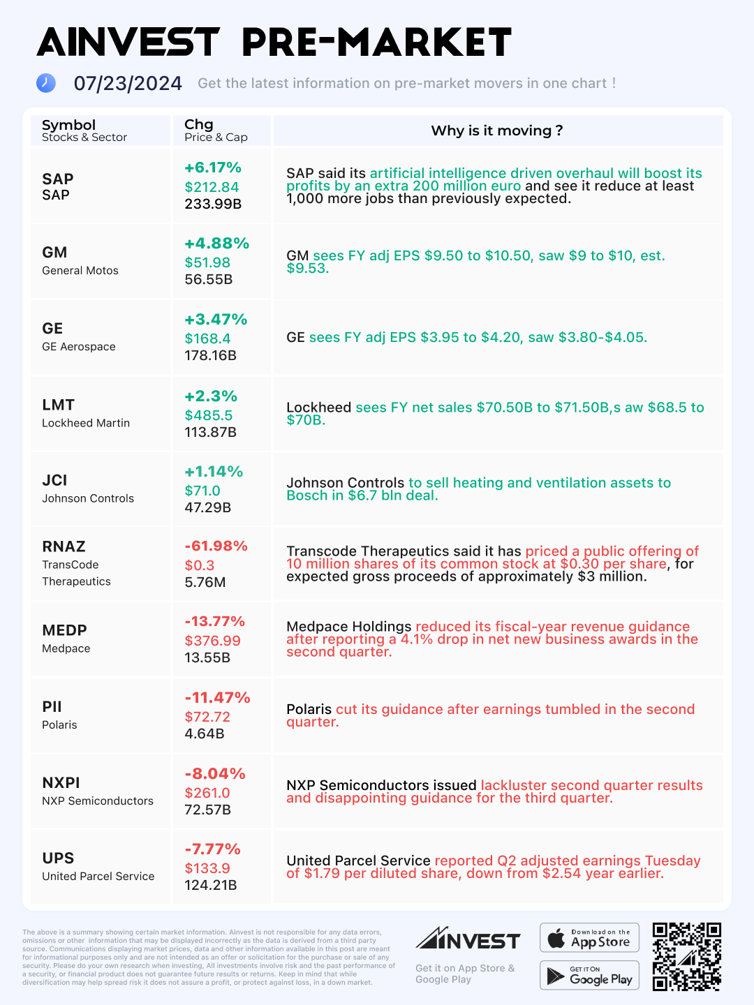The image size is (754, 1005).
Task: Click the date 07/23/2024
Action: click(x=128, y=84)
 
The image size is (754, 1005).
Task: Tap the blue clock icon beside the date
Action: click(x=46, y=83)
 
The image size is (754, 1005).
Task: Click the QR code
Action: click(x=686, y=956)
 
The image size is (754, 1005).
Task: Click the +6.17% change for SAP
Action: click(x=212, y=167)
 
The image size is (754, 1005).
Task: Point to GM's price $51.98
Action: click(x=207, y=262)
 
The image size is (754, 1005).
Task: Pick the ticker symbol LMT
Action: click(x=58, y=405)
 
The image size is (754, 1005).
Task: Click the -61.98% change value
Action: click(x=216, y=546)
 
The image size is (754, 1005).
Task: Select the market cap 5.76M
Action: click(x=205, y=582)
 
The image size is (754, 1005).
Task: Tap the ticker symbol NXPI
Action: click(x=61, y=782)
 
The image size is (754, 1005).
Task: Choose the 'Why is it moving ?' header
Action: click(x=496, y=131)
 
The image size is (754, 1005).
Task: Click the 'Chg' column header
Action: click(x=198, y=124)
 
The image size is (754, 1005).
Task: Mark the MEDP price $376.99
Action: click(x=212, y=641)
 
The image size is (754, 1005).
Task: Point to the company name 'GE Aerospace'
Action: click(x=79, y=347)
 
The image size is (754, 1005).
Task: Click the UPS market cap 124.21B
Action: click(x=210, y=885)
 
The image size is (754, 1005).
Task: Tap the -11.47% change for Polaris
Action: click(x=217, y=697)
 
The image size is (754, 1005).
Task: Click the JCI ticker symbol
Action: click(x=54, y=480)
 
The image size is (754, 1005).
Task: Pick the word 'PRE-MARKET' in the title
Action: click(x=376, y=43)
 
